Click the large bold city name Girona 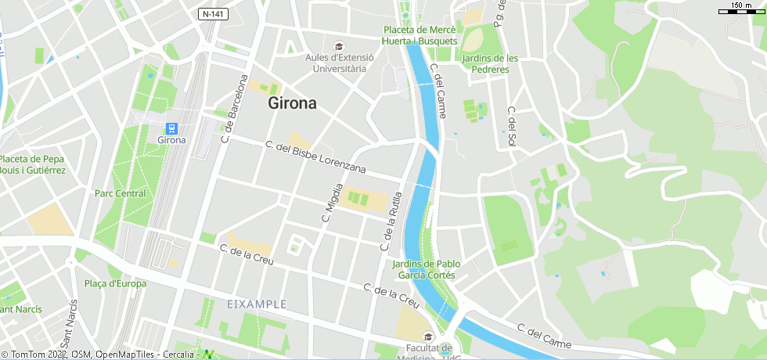click(x=292, y=103)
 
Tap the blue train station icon click(x=171, y=128)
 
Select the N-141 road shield click(x=212, y=14)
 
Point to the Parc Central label click(x=120, y=193)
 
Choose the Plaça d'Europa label click(x=115, y=283)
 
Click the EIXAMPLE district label click(x=257, y=304)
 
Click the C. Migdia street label click(x=333, y=203)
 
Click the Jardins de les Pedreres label click(x=491, y=63)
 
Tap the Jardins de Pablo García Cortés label click(x=427, y=269)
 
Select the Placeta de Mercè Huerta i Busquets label click(x=420, y=35)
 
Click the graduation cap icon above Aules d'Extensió click(x=338, y=46)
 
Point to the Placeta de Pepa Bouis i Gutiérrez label click(x=32, y=164)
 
